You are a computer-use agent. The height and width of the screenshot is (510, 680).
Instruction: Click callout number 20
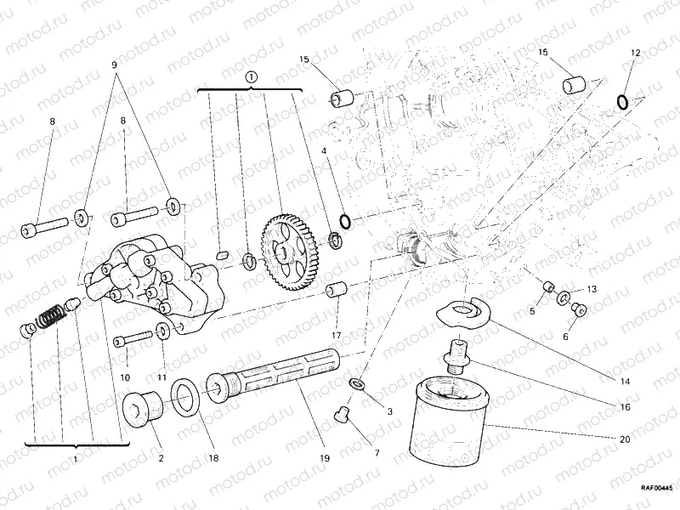626,439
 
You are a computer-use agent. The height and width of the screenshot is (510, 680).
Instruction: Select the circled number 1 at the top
252,76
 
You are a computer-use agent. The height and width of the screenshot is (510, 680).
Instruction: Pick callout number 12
634,53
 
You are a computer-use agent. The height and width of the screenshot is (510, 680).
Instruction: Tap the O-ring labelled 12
623,103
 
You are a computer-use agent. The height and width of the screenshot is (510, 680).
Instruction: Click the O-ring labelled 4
345,223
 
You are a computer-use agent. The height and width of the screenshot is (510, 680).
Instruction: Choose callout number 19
324,459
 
